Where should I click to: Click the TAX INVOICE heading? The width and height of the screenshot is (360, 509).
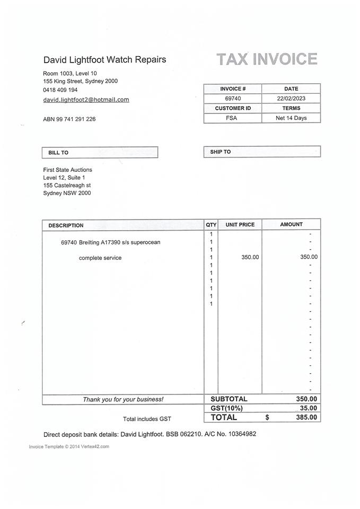pos(267,59)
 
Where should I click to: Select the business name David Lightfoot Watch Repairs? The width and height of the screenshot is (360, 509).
pos(104,59)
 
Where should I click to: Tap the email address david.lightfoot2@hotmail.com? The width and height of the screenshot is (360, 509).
pos(86,100)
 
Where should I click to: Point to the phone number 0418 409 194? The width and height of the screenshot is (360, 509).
pos(60,90)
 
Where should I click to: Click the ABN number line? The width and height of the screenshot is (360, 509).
pos(69,119)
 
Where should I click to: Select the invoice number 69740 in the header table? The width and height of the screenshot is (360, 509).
pos(233,99)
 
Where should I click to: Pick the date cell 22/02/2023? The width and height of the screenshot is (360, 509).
pos(291,99)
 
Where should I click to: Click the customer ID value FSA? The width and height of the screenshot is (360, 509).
pos(232,118)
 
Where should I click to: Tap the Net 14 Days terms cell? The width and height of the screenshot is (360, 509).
pos(291,118)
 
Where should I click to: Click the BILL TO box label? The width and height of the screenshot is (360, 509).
pos(58,153)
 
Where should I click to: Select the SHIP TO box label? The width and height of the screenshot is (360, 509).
pos(221,152)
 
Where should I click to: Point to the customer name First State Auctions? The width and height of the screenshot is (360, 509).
pos(67,170)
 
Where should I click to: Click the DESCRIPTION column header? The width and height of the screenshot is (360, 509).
pos(66,225)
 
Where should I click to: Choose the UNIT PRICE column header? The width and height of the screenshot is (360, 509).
pos(240,225)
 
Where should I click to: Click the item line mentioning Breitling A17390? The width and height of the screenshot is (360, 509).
pos(110,242)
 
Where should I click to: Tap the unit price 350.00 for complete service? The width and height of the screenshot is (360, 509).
pos(250,257)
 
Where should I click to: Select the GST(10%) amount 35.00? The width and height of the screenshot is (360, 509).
pos(309,408)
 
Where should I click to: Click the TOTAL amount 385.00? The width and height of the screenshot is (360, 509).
pos(307,418)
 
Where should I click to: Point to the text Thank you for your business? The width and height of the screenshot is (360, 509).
pos(123,399)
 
